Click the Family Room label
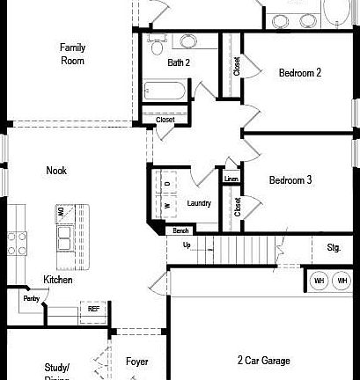point(72,54)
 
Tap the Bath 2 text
point(179,62)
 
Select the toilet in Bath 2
point(157,40)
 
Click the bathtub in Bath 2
point(165,90)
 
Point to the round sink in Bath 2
point(188,41)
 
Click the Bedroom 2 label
point(300,73)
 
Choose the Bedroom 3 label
point(290,180)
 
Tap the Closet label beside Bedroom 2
point(237,65)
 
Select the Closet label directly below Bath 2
point(165,120)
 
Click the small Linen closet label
point(231,179)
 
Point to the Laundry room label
point(199,203)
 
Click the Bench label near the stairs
point(180,230)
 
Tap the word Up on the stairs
point(186,245)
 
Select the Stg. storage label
point(334,247)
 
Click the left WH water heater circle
point(319,281)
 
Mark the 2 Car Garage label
point(264,360)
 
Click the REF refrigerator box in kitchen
point(92,309)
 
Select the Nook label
point(56,171)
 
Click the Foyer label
point(136,362)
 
